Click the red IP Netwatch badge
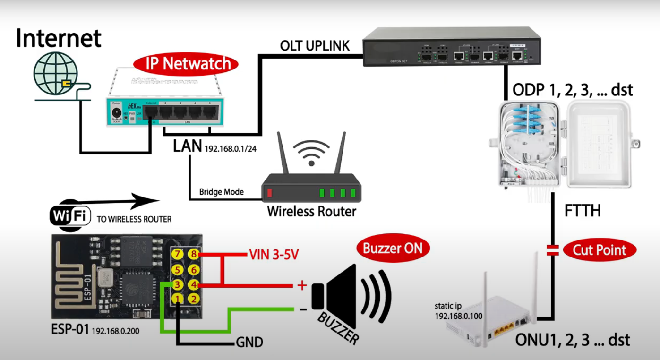click(186, 64)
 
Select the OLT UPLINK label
click(315, 46)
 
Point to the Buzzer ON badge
click(393, 248)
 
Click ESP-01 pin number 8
click(193, 255)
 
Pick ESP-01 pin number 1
click(177, 299)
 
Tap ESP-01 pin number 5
click(177, 270)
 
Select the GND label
click(249, 343)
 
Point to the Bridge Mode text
click(222, 192)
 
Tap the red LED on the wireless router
click(270, 192)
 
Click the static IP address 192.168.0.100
click(459, 316)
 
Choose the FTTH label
click(583, 211)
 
